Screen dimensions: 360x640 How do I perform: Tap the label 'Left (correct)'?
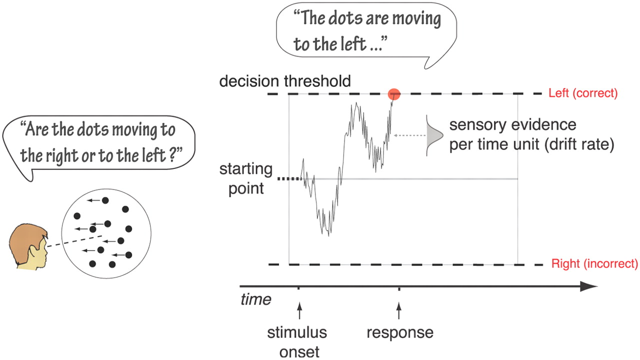point(583,93)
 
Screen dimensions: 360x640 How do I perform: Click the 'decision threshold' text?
point(285,81)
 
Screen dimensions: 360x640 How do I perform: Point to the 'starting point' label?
point(246,179)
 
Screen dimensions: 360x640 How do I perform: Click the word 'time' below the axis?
point(255,299)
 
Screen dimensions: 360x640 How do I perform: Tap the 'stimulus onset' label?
point(296,342)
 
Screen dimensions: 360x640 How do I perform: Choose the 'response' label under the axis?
point(400,332)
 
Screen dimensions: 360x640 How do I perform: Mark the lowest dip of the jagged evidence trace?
point(328,234)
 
